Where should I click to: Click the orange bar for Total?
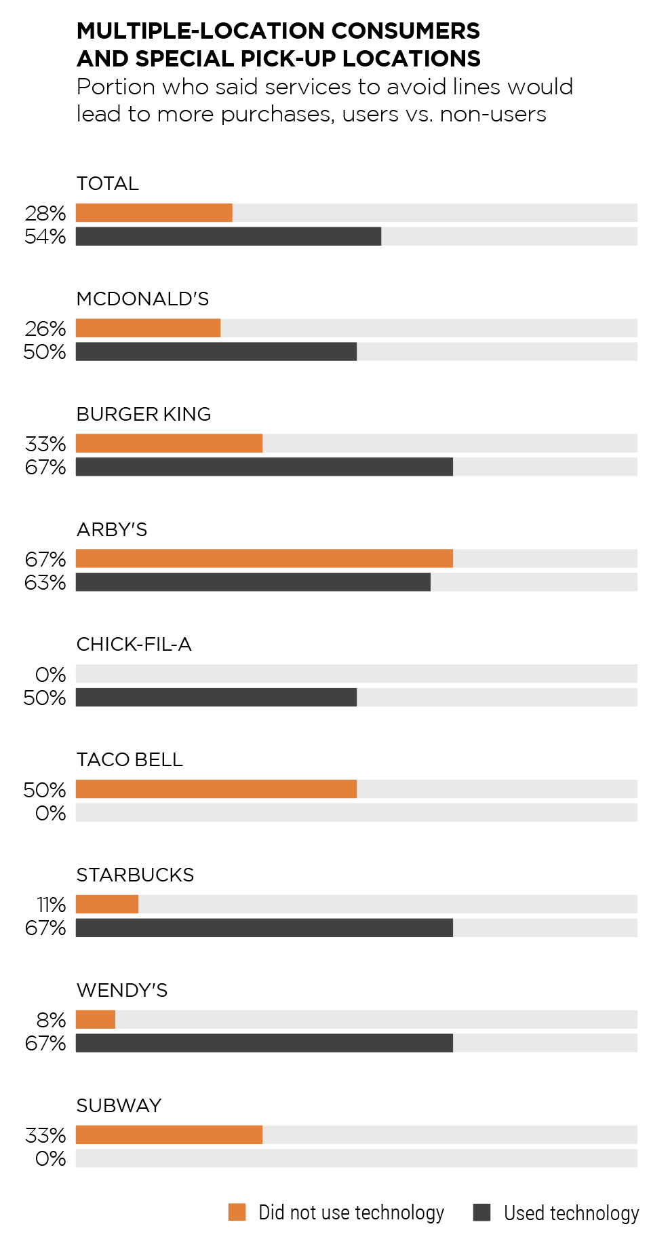point(154,213)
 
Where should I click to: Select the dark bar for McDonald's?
point(216,351)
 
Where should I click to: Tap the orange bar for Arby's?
point(264,558)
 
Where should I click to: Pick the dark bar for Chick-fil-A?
point(216,698)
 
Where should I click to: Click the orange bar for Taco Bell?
point(216,789)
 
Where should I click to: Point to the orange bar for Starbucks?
point(107,905)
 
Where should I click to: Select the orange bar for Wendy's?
point(96,1020)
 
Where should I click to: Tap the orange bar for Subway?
point(169,1135)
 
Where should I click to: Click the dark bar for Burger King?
point(264,467)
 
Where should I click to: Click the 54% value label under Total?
point(45,237)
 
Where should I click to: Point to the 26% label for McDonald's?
point(45,329)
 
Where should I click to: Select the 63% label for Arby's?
point(45,583)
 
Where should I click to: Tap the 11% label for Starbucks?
point(51,905)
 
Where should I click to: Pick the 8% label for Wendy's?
point(51,1021)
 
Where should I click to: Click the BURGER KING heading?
point(144,415)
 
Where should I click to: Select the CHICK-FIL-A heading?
point(134,645)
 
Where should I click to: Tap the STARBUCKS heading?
point(135,875)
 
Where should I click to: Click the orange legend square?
point(237,1212)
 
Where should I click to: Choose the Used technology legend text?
point(571,1213)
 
